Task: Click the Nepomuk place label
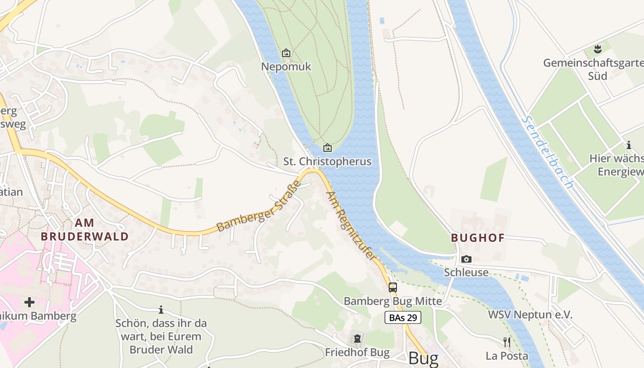(x=286, y=67)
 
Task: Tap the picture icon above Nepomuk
(x=286, y=53)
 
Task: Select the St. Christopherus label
(x=327, y=161)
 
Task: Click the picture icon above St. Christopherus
(x=328, y=148)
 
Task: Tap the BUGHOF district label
(x=477, y=238)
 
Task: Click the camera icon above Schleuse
(x=466, y=259)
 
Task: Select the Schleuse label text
(x=466, y=272)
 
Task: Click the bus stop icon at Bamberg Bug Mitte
(x=392, y=287)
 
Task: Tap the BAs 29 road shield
(x=403, y=317)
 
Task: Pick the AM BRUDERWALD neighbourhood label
(x=84, y=230)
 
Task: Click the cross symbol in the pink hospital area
(x=29, y=302)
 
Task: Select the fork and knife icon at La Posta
(x=506, y=342)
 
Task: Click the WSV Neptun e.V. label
(x=530, y=315)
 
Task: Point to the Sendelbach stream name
(x=547, y=152)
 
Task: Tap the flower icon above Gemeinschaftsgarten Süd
(x=598, y=48)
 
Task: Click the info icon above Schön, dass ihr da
(x=161, y=310)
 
